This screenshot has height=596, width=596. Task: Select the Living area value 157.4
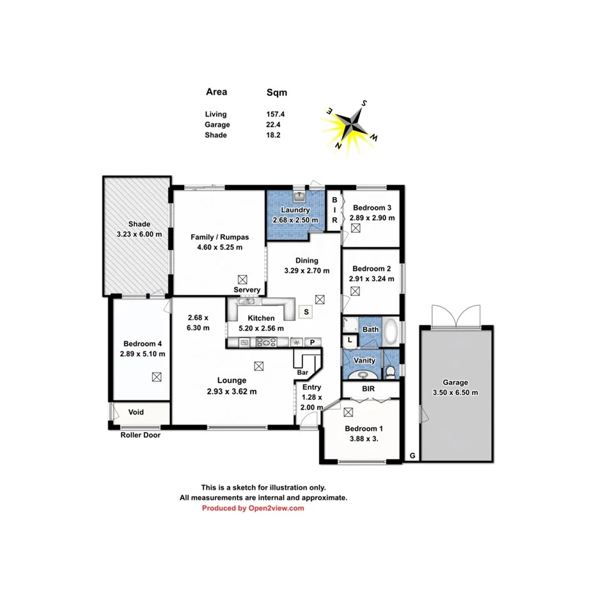click(x=276, y=114)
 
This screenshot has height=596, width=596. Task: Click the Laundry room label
click(x=295, y=210)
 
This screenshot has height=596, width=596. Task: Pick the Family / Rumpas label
click(x=219, y=237)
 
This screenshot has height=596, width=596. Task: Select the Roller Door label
click(x=140, y=435)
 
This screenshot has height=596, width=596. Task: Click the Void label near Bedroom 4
click(x=136, y=412)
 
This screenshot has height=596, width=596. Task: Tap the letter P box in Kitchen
click(x=313, y=342)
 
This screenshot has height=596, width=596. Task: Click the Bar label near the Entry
click(x=302, y=372)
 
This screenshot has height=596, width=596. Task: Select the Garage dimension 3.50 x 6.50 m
click(x=456, y=393)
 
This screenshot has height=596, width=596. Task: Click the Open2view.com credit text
click(x=253, y=508)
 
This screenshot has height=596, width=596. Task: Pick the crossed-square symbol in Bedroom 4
click(x=157, y=377)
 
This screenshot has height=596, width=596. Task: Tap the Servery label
click(x=247, y=290)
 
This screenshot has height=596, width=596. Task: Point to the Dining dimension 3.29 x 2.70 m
click(x=307, y=271)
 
